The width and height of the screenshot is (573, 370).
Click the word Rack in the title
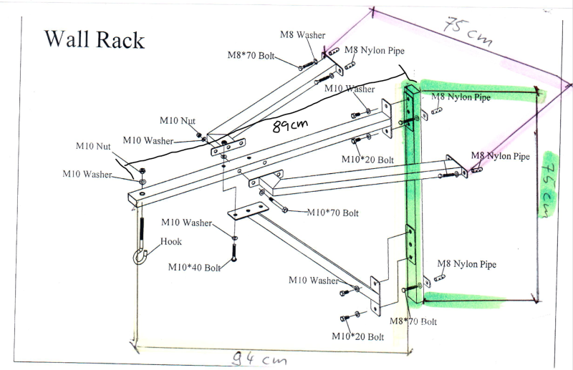click(121, 39)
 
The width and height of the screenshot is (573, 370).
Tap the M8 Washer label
click(302, 34)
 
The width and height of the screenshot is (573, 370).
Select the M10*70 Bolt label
click(333, 213)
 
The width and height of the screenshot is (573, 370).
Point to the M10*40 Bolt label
click(195, 267)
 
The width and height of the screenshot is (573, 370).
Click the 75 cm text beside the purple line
click(466, 31)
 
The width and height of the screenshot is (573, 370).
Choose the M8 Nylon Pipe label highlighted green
click(461, 97)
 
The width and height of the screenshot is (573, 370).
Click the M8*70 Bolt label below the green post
click(413, 321)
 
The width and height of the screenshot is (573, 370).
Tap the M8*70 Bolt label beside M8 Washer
click(251, 54)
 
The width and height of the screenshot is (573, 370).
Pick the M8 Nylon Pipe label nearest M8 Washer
click(375, 50)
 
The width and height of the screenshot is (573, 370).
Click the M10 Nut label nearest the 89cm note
click(177, 121)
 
